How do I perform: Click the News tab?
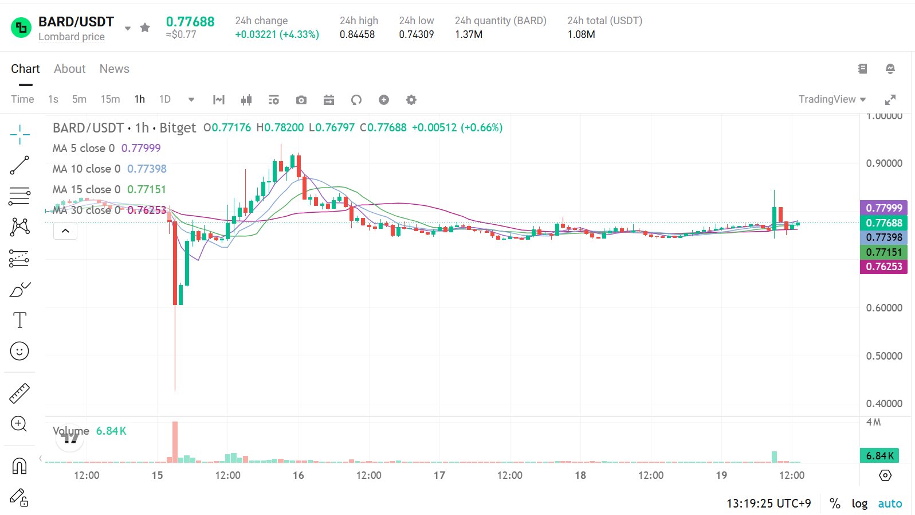point(114,69)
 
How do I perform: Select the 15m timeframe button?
point(110,99)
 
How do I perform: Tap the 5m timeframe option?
point(79,99)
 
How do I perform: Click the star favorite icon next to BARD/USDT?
point(145,28)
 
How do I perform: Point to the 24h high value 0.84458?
point(357,34)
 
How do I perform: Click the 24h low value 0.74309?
point(416,34)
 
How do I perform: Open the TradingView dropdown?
point(832,99)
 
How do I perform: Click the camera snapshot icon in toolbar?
point(301,100)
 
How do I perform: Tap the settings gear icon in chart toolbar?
point(411,100)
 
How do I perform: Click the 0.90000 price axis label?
point(884,163)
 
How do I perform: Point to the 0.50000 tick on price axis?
point(884,356)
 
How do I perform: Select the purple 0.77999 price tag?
point(883,208)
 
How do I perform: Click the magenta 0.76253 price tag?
point(883,267)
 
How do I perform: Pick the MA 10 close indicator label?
point(87,169)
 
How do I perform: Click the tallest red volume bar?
point(175,442)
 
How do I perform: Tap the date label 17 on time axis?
point(439,475)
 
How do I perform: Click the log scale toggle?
point(859,504)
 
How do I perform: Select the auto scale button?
point(890,504)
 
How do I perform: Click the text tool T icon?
point(19,320)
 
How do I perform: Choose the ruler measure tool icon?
point(19,393)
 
